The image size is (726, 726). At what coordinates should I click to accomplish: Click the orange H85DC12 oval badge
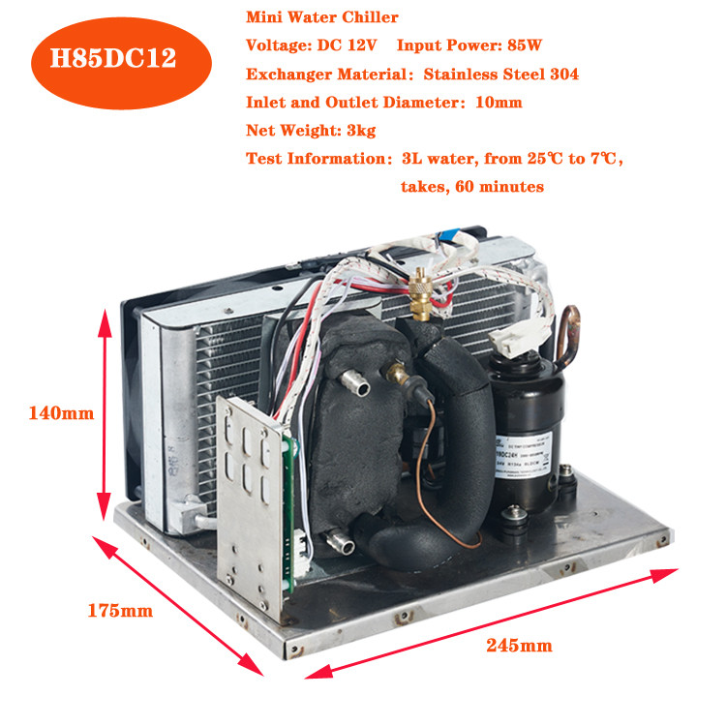click(114, 56)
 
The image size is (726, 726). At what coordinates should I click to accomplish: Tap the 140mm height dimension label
click(59, 413)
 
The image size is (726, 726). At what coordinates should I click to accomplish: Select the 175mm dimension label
click(120, 611)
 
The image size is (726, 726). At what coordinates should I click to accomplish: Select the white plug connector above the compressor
click(510, 336)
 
